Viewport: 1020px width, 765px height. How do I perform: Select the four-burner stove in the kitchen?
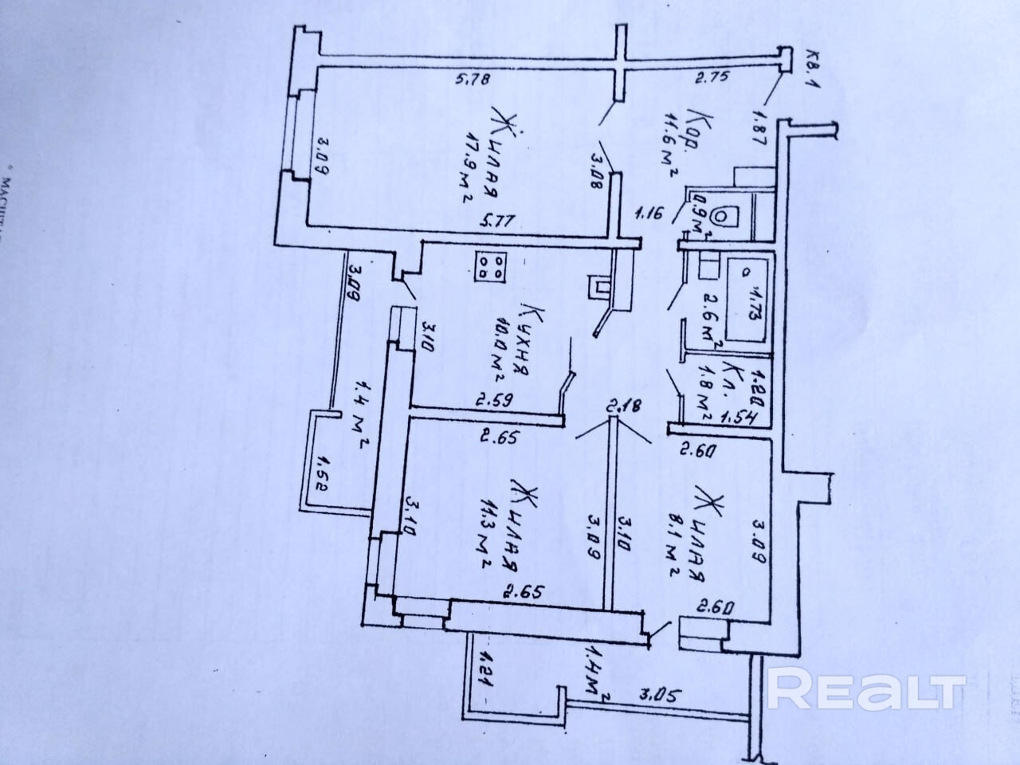coord(492,266)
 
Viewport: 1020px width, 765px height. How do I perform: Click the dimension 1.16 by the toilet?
coord(649,214)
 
